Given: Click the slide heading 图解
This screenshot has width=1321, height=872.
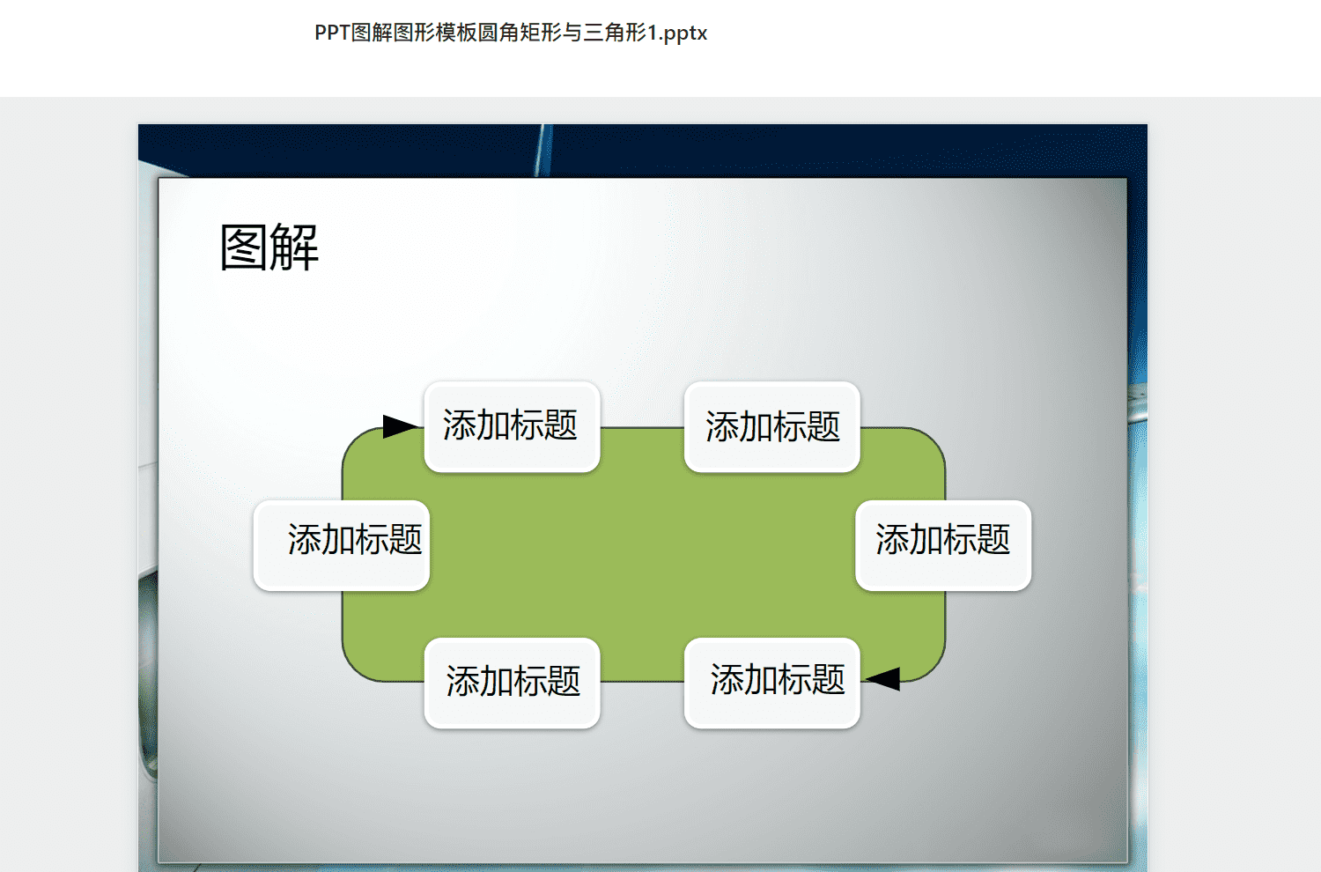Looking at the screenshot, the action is point(269,248).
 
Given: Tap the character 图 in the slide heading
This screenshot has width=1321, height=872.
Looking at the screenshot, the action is point(244,248).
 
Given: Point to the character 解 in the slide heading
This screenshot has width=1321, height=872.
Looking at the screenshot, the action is point(294,248).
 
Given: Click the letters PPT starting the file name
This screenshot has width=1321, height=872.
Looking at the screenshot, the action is point(333,33).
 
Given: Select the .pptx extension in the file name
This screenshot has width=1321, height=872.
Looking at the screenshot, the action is point(683,33).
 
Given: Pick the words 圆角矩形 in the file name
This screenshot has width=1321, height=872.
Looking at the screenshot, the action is point(520,33).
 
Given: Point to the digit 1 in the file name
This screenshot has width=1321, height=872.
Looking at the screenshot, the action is point(653,33).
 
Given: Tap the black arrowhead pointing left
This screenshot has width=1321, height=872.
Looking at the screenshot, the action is point(882,678).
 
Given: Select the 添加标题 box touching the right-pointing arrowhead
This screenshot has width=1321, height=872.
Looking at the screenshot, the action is point(512,426).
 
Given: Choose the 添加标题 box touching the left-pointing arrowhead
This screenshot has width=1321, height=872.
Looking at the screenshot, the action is point(772,683).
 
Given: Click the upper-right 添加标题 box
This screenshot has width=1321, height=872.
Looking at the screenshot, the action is point(772,426).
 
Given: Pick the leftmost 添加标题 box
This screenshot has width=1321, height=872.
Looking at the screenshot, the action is point(342,545).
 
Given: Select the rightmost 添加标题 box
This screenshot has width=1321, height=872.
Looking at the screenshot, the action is point(943,545).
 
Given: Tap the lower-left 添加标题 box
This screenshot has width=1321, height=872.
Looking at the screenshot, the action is point(512,683).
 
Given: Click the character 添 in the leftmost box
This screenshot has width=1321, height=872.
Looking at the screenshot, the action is point(305,539).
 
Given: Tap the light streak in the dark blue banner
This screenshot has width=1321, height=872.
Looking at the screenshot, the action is point(543,151).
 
